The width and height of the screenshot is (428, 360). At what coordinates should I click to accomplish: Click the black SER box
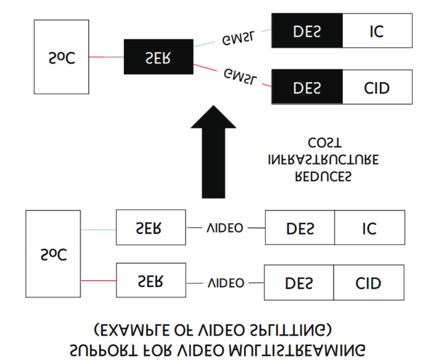click(157, 57)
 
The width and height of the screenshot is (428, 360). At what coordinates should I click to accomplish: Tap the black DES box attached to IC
click(307, 31)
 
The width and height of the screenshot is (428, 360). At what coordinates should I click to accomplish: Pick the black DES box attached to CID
click(307, 88)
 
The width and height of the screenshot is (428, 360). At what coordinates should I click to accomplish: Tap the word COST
click(324, 142)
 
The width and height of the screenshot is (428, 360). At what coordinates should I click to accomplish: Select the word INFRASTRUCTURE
click(324, 159)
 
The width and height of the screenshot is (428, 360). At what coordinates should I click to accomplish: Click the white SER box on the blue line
click(150, 228)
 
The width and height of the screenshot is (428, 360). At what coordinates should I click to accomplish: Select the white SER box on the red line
click(150, 281)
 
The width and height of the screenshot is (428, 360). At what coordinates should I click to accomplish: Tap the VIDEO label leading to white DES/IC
click(225, 228)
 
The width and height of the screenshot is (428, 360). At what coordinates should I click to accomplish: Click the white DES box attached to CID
click(299, 283)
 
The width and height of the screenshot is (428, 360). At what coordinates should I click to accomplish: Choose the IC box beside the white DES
click(369, 228)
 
